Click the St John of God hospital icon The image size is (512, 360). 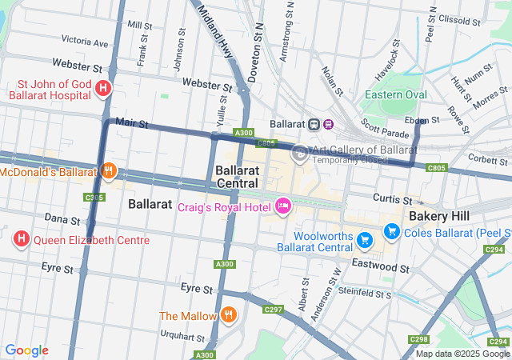103,88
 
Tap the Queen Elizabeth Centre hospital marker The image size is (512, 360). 22,239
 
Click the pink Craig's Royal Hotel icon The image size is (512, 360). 282,207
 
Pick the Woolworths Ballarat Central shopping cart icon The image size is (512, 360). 365,239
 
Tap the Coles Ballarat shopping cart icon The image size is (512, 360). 391,232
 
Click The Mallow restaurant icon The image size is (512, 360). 229,315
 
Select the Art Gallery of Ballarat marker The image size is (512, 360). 300,154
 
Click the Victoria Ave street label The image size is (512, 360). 84,41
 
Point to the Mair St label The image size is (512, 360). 132,123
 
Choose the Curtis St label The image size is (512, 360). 391,198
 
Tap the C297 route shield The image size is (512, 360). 273,309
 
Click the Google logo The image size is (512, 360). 26,350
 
